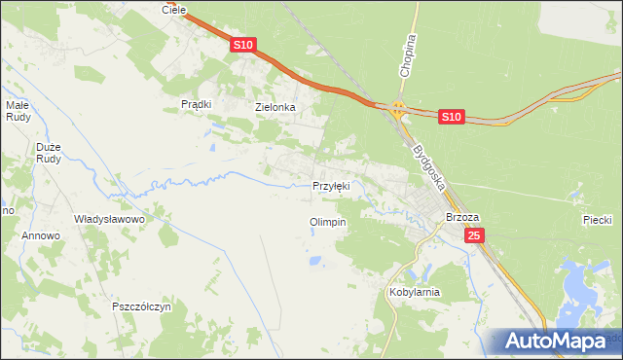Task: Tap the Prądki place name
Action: pos(197,104)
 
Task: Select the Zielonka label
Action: pos(275,107)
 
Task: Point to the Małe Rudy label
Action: pos(19,111)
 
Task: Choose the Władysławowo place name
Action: pos(109,220)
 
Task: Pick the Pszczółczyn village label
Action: pos(141,306)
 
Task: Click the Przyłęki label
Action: pos(330,185)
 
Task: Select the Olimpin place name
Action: pos(328,222)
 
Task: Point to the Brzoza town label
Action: pos(459,218)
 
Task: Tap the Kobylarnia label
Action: pos(415,292)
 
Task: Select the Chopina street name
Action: pos(407,55)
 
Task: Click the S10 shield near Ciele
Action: pos(243,46)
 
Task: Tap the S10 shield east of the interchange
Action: pos(450,117)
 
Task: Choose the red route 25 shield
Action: pos(474,235)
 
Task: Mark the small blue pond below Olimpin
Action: pos(313,261)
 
